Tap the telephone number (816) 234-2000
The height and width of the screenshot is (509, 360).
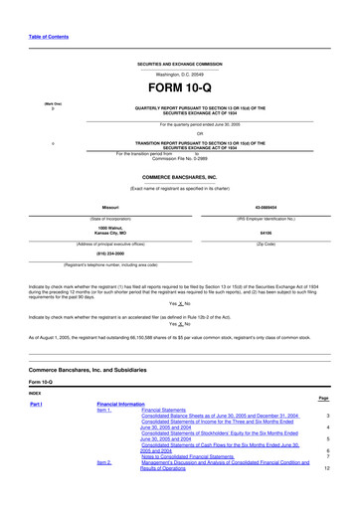[102, 254]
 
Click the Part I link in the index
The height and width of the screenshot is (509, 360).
[36, 406]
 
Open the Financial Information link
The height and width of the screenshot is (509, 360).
[120, 406]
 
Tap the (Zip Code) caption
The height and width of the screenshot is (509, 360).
[266, 244]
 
